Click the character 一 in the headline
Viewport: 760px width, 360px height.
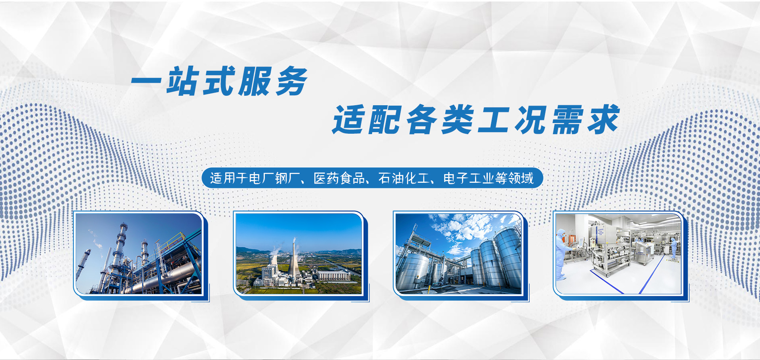click(146, 82)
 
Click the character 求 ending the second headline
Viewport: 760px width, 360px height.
click(602, 120)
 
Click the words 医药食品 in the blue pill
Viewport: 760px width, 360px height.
click(339, 178)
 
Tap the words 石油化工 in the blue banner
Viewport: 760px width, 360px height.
click(404, 178)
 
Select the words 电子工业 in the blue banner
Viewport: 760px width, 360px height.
click(469, 178)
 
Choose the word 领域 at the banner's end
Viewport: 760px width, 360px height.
click(521, 178)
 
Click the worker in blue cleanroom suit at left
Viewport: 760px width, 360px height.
click(560, 253)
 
